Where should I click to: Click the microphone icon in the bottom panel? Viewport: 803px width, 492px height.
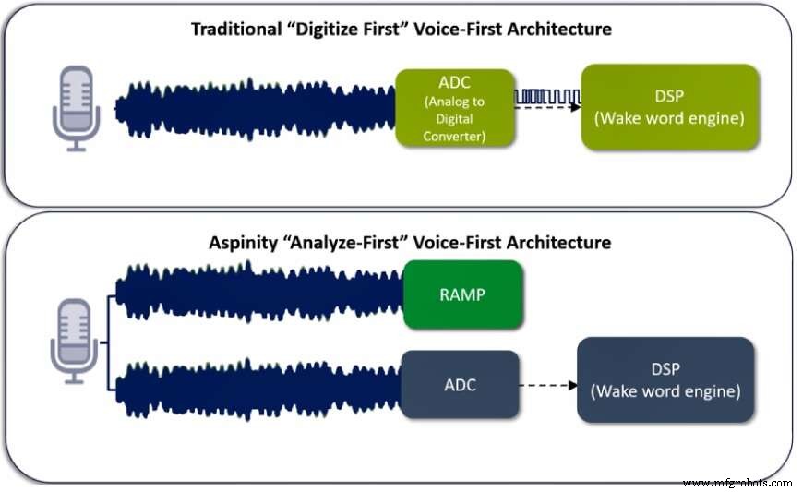point(73,339)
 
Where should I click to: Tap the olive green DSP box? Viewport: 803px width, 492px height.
point(671,107)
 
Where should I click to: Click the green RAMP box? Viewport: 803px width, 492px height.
point(462,295)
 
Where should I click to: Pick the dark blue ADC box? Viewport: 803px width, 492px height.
point(460,383)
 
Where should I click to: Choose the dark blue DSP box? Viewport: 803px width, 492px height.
point(665,380)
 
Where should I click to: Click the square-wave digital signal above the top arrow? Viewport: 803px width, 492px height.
point(546,96)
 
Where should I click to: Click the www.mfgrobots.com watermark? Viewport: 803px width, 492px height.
point(737,482)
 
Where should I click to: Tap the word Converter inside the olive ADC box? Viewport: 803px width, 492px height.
point(454,136)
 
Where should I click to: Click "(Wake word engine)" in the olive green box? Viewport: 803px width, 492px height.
point(671,118)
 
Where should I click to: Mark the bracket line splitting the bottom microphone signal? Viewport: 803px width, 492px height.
point(108,340)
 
